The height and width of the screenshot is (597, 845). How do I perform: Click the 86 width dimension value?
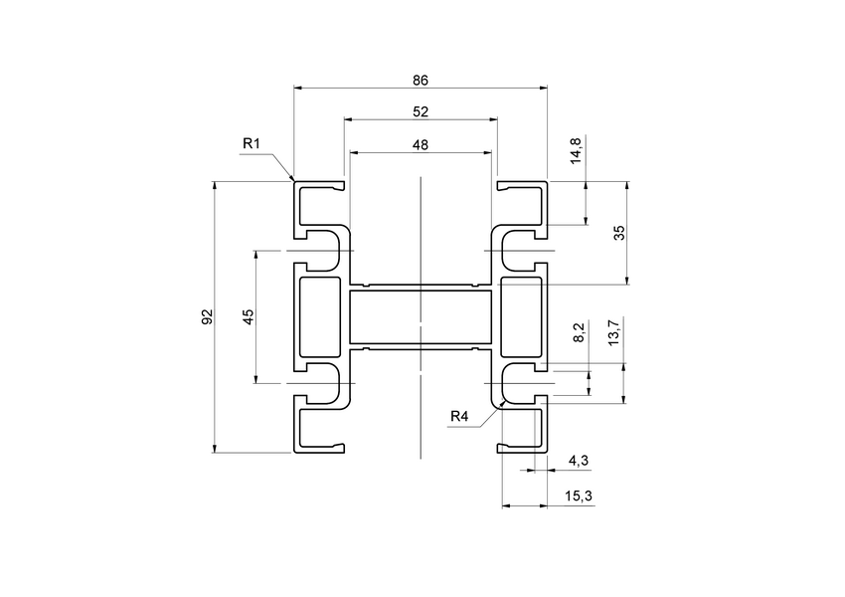point(421,80)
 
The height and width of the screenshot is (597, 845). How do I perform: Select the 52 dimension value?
point(421,111)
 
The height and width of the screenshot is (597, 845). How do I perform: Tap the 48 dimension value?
point(421,144)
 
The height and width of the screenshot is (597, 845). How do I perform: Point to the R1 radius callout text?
point(252,144)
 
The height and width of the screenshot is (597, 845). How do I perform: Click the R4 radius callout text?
point(459,416)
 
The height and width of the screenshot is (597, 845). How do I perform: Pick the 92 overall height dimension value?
point(207,316)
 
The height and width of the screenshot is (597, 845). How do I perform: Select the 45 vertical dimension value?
point(249,315)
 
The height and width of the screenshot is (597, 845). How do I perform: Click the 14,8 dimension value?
point(577,151)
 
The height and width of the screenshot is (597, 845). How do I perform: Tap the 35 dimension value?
point(618,232)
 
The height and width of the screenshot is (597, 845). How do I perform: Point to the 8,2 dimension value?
point(579,332)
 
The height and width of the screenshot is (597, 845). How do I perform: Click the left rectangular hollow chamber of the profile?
point(319,316)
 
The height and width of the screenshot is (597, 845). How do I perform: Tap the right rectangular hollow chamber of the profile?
point(522,316)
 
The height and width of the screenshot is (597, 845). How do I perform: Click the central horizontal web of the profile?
point(421,317)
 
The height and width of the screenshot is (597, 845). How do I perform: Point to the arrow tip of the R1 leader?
point(293,180)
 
